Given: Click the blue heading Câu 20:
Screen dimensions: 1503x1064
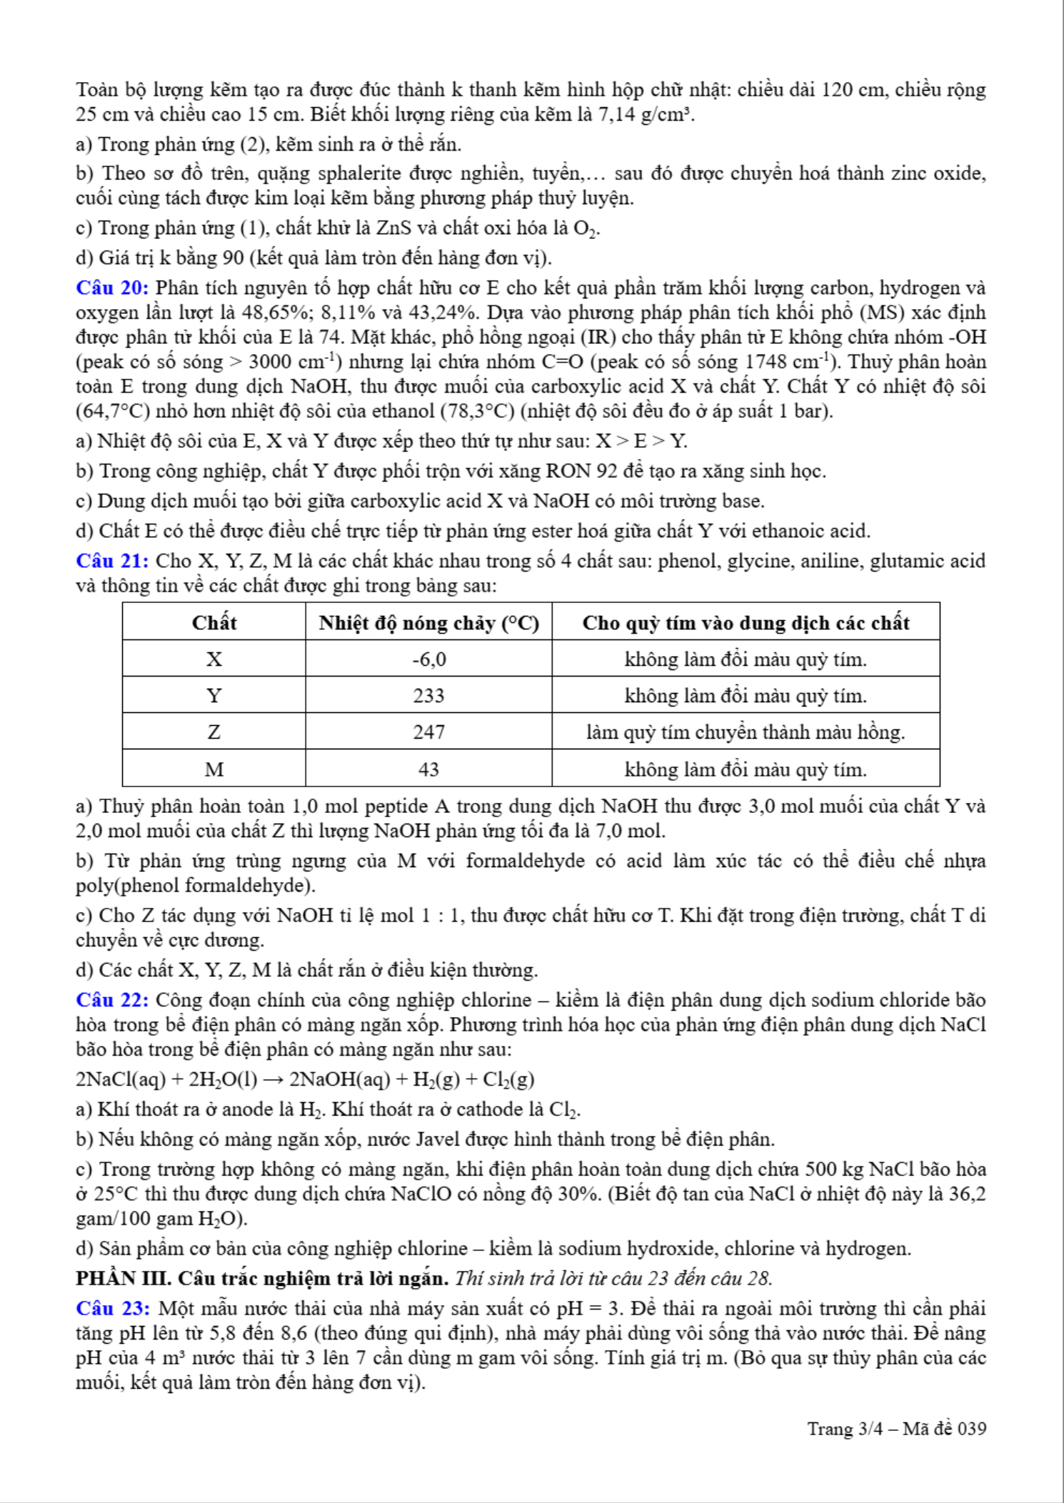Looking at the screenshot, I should pos(112,288).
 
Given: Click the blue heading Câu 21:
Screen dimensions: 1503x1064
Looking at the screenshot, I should pos(112,561).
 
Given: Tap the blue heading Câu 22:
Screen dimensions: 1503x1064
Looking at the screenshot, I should pos(112,1000).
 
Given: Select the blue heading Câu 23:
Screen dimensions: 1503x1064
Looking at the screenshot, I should pos(113,1308).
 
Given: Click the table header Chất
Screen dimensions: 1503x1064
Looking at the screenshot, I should pos(214,622).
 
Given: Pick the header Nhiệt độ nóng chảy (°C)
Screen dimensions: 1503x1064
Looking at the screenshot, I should pos(428,623).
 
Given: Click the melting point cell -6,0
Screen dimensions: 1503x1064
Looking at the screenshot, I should pos(428,659).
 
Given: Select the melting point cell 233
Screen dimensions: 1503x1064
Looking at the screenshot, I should pos(428,696).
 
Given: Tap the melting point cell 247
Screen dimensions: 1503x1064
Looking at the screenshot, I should pos(428,732).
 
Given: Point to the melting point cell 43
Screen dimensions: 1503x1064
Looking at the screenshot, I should pos(428,769).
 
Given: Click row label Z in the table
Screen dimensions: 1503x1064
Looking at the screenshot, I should pos(214,732).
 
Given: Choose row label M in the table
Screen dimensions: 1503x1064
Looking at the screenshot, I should pos(214,769).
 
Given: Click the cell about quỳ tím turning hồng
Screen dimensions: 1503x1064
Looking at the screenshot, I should pos(746,732).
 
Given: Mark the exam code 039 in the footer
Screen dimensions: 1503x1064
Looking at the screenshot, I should pos(972,1429).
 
